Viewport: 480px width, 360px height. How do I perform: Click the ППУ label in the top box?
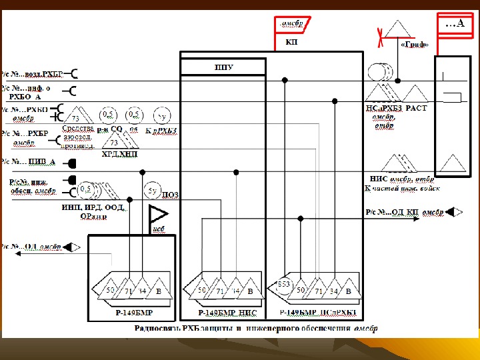click(x=223, y=67)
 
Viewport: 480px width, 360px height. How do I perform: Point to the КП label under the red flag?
click(x=291, y=42)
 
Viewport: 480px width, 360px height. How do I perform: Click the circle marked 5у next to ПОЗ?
click(x=152, y=192)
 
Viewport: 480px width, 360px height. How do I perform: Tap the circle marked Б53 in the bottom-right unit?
click(x=283, y=283)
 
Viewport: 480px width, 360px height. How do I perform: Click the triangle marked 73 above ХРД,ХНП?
click(x=114, y=140)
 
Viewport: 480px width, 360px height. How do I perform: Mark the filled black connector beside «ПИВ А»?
click(x=72, y=163)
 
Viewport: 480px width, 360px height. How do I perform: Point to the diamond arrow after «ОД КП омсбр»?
click(x=453, y=212)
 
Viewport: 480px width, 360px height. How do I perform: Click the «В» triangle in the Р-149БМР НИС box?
click(x=249, y=291)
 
